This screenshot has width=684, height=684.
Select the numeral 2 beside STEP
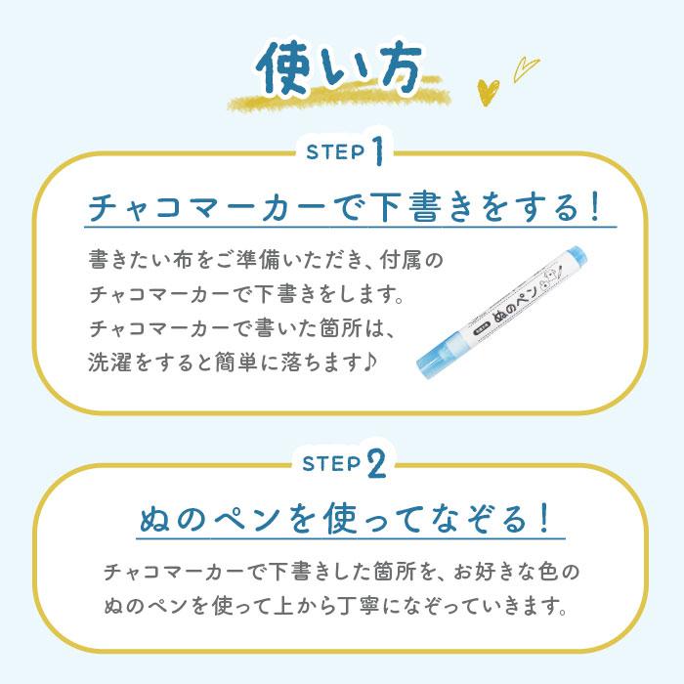click(x=377, y=464)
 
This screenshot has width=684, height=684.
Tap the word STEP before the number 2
click(x=332, y=465)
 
